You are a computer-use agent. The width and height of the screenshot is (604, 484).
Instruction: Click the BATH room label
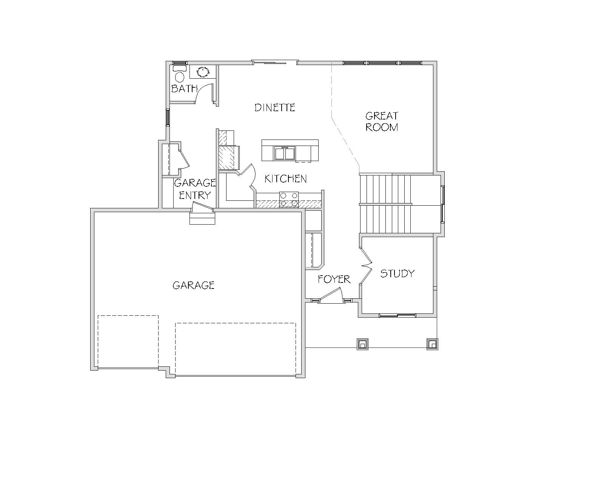pos(184,88)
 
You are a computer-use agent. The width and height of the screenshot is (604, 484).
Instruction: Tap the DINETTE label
pos(275,107)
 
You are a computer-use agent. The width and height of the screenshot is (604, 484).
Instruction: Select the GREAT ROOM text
pos(382,121)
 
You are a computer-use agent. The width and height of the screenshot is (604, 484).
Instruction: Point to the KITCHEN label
pos(286,179)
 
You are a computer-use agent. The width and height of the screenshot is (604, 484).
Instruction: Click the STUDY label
pos(398,273)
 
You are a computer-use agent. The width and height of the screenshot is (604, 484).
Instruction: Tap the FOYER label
pos(334,279)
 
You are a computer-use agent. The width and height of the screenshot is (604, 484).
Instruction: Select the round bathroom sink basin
pos(203,72)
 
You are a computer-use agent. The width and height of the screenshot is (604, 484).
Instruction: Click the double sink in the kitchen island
pos(285,154)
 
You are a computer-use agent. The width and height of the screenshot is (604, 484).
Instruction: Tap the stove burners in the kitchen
pos(289,200)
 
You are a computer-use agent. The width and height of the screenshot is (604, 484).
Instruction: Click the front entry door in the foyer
pos(331,295)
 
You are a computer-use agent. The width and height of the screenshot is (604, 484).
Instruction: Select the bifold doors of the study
pos(366,265)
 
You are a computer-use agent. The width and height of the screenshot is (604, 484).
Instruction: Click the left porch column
pos(362,344)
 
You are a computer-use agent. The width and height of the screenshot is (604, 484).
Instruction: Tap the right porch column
pos(432,344)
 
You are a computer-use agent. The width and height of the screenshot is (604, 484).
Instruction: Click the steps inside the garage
pos(202,219)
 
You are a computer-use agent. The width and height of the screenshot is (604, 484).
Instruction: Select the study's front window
pos(398,315)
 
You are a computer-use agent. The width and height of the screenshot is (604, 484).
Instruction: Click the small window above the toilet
pos(180,63)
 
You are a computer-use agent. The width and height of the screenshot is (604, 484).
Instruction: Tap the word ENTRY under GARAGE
pos(195,195)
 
